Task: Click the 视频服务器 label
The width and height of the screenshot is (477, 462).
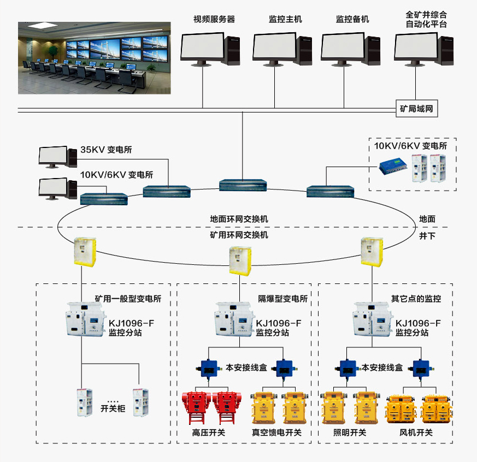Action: click(214, 19)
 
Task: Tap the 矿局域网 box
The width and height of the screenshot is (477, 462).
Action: click(416, 109)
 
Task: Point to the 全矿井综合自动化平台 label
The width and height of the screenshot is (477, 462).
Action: click(426, 20)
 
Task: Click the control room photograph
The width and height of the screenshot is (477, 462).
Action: click(95, 58)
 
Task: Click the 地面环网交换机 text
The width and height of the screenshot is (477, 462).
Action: click(239, 219)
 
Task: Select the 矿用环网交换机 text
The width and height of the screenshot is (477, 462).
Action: click(239, 235)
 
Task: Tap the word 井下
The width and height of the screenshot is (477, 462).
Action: click(427, 235)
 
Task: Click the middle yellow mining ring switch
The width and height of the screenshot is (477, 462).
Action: click(240, 262)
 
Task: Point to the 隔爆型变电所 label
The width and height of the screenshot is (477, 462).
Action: click(283, 299)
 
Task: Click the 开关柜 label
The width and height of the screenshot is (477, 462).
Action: click(113, 408)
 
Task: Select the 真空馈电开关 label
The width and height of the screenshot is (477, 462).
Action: click(276, 433)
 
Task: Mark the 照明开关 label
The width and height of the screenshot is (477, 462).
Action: click(350, 433)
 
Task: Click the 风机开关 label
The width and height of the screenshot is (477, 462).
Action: click(416, 433)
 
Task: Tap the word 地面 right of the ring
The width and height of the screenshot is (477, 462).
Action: click(427, 219)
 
